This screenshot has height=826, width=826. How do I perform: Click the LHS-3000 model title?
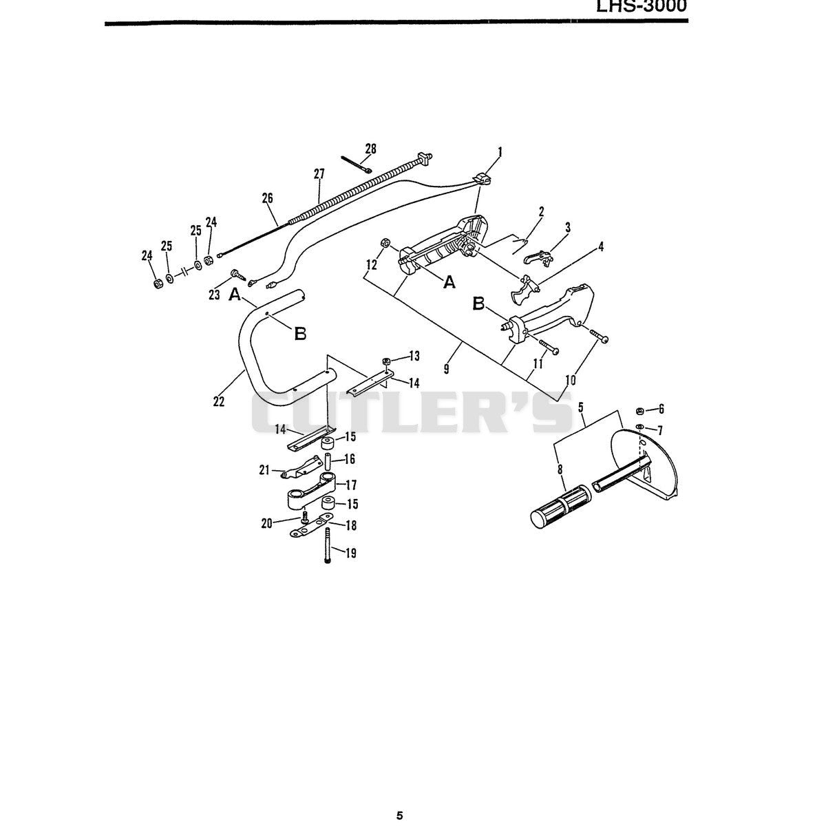pos(642,6)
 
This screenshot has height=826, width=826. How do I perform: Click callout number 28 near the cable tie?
pos(371,149)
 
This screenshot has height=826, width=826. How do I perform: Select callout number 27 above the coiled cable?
pos(319,174)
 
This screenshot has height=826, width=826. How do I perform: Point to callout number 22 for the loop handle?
pos(219,401)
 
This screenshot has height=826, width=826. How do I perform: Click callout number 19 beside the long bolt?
pos(350,553)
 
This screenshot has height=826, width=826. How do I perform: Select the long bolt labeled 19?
pos(328,545)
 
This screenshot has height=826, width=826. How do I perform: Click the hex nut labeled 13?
pos(386,361)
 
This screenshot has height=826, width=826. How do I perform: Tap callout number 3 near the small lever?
pos(568,227)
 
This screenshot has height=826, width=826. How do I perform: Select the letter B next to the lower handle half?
pos(479,304)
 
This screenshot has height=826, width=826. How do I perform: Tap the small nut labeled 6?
pos(639,411)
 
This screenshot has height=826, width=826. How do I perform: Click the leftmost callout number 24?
pos(147,255)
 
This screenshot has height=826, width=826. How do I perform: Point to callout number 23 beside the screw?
pos(214,295)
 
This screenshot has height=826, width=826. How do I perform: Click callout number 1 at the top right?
pos(500,151)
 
